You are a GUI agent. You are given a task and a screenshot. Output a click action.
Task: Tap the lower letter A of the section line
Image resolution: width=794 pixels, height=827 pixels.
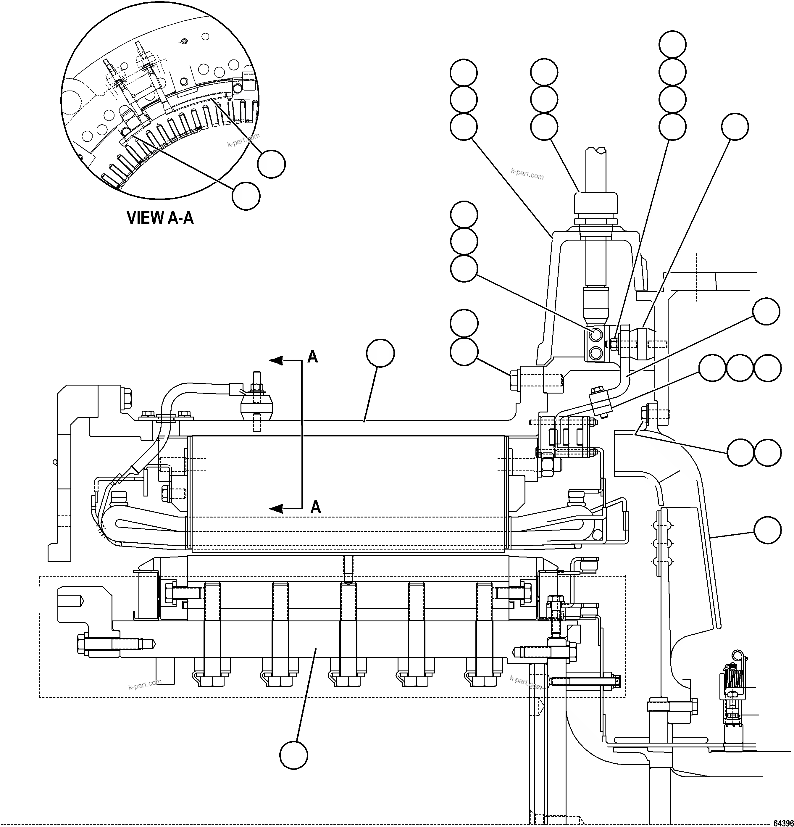(316, 506)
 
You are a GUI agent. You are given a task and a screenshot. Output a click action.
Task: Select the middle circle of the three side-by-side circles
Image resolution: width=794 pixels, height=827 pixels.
(740, 368)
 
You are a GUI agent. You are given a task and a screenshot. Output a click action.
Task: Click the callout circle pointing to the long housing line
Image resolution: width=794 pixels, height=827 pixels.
(380, 354)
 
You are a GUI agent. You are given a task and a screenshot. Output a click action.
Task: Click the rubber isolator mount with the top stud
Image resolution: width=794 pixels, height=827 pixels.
(256, 405)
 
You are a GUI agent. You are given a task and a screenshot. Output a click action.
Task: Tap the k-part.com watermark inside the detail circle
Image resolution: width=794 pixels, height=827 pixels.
(243, 140)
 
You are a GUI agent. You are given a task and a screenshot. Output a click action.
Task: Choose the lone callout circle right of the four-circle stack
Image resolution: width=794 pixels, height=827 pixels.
(735, 127)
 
